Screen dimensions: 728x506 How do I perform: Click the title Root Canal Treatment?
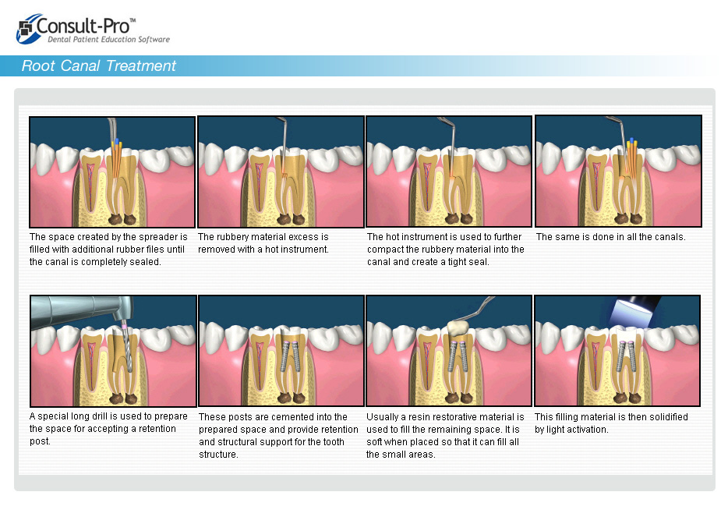point(99,66)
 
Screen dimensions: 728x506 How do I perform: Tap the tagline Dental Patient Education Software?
point(108,40)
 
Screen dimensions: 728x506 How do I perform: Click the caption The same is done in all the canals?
point(610,237)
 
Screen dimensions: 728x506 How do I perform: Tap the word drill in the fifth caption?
point(98,416)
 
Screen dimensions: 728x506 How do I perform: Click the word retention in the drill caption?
point(157,429)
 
